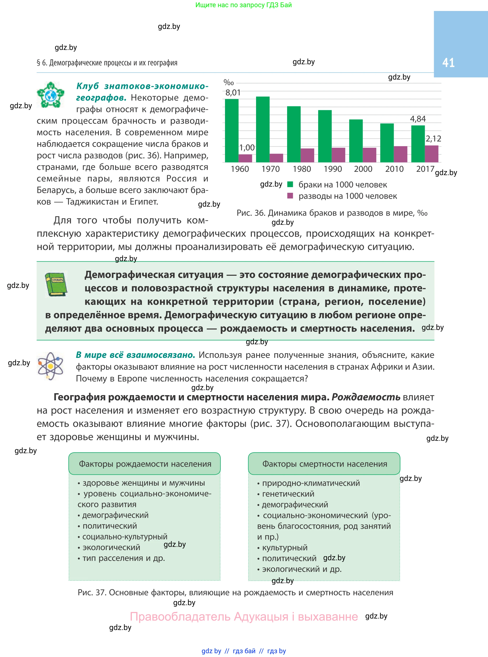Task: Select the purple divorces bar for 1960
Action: pos(245,158)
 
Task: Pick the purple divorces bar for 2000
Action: pos(369,155)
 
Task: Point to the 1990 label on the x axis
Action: pos(333,169)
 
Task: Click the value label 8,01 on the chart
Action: pos(233,93)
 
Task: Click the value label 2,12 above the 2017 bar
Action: pos(433,139)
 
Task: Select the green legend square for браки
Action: pos(290,184)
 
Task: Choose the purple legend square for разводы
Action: pos(290,196)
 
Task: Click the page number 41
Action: pos(448,63)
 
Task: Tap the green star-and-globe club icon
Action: pos(50,95)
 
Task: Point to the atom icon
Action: pos(50,366)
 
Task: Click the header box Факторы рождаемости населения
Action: pos(145,464)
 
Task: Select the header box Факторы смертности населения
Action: pos(324,464)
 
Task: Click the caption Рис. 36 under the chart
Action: pos(332,213)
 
